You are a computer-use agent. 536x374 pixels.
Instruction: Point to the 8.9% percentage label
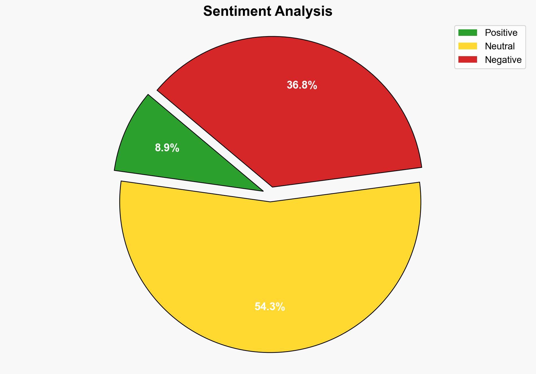click(x=167, y=148)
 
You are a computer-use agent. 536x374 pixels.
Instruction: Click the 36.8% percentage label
click(x=302, y=85)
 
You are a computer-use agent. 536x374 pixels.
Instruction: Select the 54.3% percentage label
click(x=270, y=307)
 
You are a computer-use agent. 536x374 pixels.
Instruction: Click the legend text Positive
click(x=501, y=33)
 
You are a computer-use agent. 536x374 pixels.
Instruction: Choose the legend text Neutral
click(x=500, y=46)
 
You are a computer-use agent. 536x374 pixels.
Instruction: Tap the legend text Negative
click(x=503, y=60)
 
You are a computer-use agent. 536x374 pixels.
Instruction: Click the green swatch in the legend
click(x=467, y=33)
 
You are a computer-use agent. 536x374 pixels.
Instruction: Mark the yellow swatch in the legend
click(x=467, y=46)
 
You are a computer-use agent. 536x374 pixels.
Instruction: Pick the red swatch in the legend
click(x=467, y=60)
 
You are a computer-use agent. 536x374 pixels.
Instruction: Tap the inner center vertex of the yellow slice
click(x=270, y=201)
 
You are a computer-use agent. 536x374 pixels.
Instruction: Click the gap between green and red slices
click(x=209, y=138)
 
